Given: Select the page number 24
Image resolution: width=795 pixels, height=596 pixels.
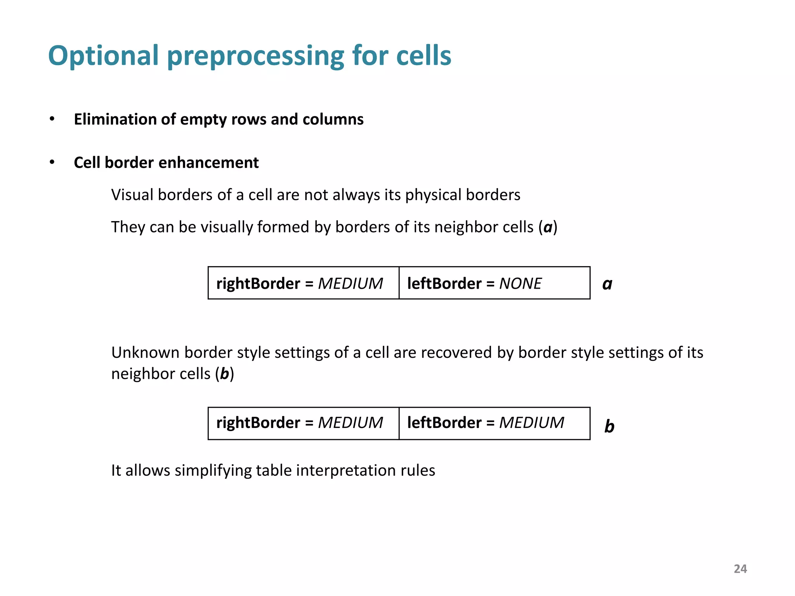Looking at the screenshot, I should [x=740, y=569].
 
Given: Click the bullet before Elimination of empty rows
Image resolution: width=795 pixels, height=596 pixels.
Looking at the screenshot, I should [x=52, y=119].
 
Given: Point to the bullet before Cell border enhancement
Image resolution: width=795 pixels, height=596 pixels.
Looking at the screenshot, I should [x=52, y=162].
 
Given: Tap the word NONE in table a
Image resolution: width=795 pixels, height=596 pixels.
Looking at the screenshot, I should [x=520, y=284].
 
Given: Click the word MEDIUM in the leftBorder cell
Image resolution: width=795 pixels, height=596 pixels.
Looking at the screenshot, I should [x=531, y=423].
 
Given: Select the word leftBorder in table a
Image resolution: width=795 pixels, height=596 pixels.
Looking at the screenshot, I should [x=444, y=284].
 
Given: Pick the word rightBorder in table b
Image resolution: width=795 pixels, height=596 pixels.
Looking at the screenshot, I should [x=258, y=423].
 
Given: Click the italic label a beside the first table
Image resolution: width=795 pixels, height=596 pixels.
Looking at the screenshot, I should [x=607, y=284].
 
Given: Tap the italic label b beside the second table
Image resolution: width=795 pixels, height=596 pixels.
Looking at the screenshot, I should [x=609, y=426].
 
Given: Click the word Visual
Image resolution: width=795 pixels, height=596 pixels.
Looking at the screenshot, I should [x=132, y=195].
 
